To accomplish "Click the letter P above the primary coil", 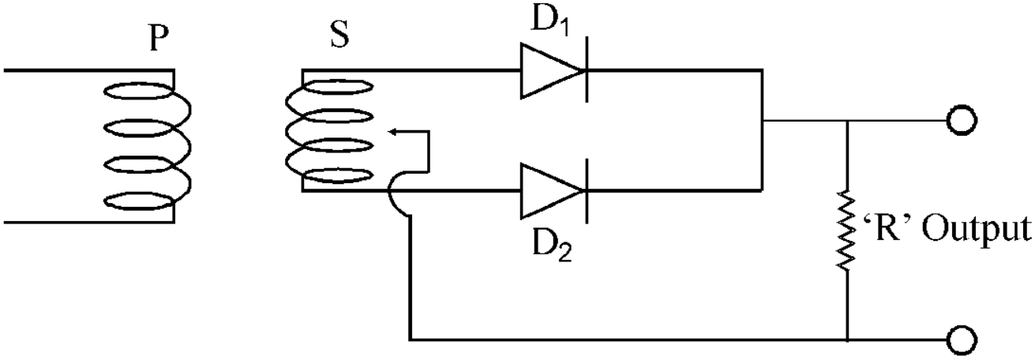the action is coord(159,39).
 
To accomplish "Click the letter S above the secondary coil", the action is coord(339,35).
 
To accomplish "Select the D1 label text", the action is coord(550,21).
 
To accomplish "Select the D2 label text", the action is coord(552,245).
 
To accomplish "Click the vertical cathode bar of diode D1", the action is coord(587,69).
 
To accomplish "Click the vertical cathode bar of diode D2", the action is coord(587,191).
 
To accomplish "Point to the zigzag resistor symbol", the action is coord(846,229).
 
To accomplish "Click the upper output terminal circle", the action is coord(962,121).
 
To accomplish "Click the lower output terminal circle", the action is coord(962,340).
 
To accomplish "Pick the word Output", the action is coord(977,231).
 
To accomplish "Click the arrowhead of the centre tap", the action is coord(394,132).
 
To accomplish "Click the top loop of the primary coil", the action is coord(139,91).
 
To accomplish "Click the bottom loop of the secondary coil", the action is coord(337,176).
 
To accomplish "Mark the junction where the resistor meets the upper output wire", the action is coord(847,121).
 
